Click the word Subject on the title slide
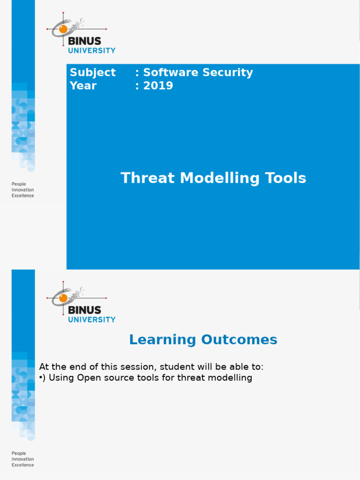coord(92,72)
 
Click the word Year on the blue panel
coord(83,86)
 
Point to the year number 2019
coord(158,86)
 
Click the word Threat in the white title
coord(149,178)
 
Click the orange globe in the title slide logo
coord(63,29)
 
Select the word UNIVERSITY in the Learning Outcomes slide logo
coord(92,320)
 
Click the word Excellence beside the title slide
coord(22,196)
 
